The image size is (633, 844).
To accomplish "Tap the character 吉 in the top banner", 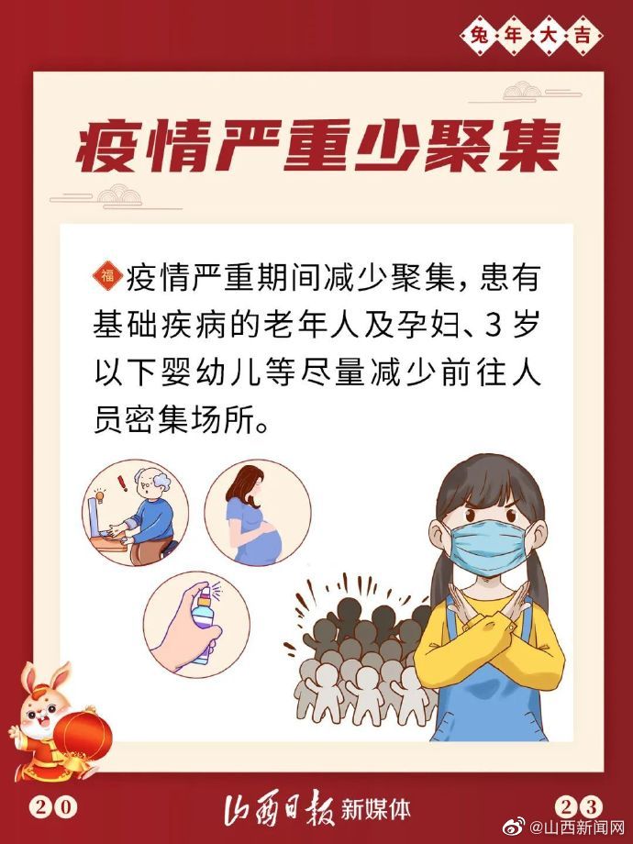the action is (x=583, y=36).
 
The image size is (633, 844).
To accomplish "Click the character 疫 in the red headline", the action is (x=105, y=147).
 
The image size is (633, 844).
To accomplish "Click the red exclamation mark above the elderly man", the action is (x=123, y=482).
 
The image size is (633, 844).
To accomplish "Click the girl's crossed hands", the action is (x=488, y=619).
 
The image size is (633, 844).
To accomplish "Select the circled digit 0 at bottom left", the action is (x=64, y=807).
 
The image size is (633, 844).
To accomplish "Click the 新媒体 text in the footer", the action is (x=376, y=809).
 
